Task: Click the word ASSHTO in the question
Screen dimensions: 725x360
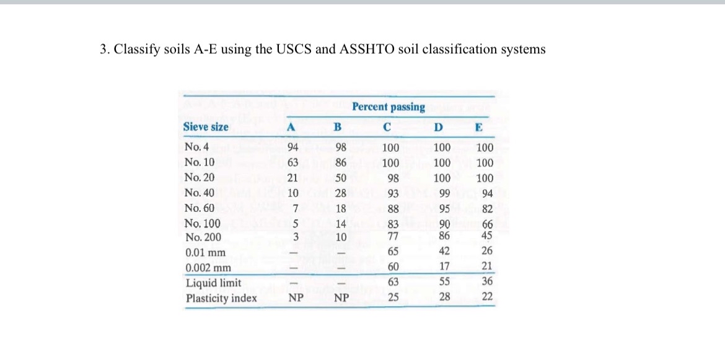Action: coord(366,50)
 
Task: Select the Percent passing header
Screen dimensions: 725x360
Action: coord(389,107)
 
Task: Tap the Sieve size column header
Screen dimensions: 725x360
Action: coord(206,127)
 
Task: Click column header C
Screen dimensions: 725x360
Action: coord(387,128)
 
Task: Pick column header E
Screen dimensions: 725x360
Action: coord(478,128)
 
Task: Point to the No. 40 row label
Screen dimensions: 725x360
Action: coord(200,193)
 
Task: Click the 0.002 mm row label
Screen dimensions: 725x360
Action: coord(208,268)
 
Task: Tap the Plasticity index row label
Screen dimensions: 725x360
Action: coord(221,298)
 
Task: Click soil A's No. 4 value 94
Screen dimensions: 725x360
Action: coord(293,147)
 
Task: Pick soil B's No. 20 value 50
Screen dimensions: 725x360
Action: coord(340,178)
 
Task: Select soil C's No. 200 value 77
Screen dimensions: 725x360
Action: coord(391,235)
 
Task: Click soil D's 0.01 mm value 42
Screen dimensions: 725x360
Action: coord(444,252)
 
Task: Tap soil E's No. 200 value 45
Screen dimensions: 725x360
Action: coord(487,235)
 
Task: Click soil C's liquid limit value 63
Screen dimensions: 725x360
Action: coord(391,283)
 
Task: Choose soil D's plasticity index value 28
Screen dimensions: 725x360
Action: coord(444,297)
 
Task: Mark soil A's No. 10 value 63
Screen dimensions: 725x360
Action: coord(293,163)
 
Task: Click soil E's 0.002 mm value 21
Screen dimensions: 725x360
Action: coord(487,267)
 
